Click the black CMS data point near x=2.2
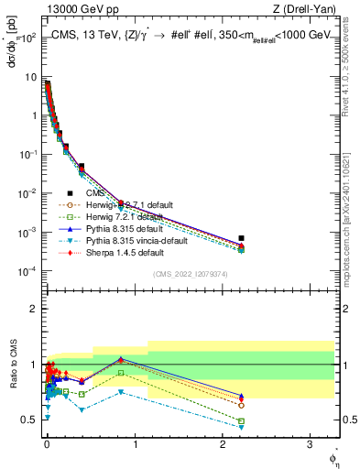(241, 238)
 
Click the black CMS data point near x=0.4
(82, 167)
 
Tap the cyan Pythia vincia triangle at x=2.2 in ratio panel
(241, 427)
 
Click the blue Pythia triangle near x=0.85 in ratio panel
(121, 359)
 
